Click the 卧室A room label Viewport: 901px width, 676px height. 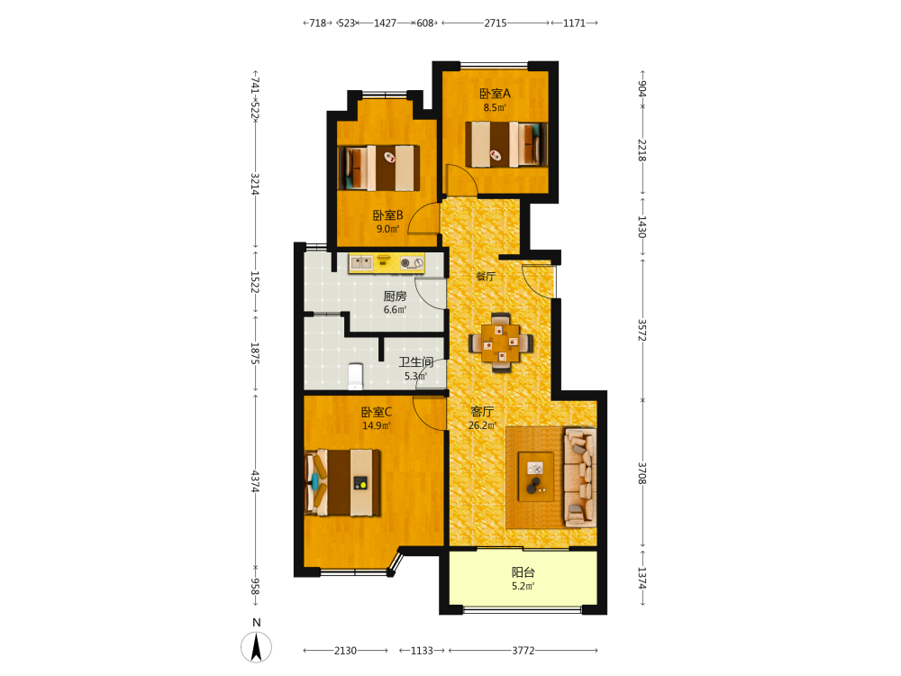495,93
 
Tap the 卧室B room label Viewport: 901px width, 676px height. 387,215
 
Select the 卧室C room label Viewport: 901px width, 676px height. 377,412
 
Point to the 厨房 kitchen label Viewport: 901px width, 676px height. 395,296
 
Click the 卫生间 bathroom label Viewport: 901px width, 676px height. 416,362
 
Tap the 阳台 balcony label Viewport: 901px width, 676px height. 523,572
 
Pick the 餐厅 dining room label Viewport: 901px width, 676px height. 486,276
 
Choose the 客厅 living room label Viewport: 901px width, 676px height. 481,412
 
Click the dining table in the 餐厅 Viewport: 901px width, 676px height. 500,343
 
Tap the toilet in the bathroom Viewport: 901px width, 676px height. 356,376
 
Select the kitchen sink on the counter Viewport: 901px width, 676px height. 361,263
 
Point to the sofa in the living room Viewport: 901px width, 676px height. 579,477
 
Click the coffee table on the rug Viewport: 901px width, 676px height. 536,477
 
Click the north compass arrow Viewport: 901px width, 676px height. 256,647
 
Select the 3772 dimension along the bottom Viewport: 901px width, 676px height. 523,651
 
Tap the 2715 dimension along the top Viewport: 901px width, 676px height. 496,23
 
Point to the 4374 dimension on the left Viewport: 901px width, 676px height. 255,481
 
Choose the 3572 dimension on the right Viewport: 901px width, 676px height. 642,331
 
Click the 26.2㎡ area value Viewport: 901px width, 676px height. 482,425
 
